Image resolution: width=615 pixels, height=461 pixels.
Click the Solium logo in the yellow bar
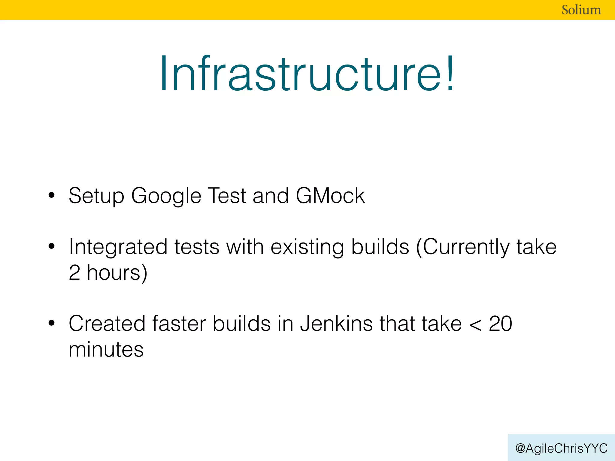click(x=581, y=10)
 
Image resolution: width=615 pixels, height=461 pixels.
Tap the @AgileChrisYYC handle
click(x=561, y=448)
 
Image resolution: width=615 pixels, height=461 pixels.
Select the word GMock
click(x=330, y=196)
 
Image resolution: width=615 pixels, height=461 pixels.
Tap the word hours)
click(x=117, y=273)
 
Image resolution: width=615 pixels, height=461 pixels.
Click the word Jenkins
click(x=336, y=324)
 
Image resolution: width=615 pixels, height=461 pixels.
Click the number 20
click(x=500, y=324)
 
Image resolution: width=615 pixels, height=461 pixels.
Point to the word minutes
click(x=106, y=350)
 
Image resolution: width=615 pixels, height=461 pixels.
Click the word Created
click(x=107, y=324)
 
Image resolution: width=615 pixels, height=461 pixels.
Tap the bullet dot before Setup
click(x=52, y=195)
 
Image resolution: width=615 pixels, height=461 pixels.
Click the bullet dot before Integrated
click(x=52, y=246)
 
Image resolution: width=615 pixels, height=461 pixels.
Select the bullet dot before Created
click(x=52, y=323)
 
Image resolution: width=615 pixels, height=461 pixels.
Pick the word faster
click(x=179, y=324)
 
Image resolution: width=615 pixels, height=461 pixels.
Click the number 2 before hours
click(x=74, y=273)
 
